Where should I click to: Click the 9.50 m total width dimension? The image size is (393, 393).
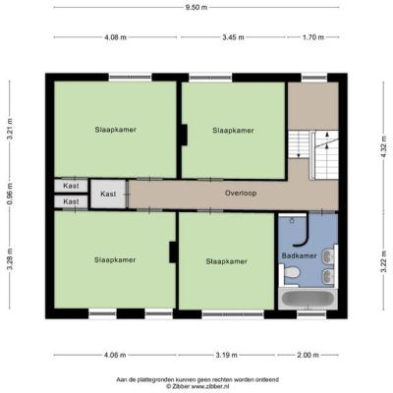point(196,7)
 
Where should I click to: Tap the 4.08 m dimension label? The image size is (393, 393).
point(115,37)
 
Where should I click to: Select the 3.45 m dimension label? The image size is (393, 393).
point(233,37)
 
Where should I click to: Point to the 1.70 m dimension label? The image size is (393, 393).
point(313,37)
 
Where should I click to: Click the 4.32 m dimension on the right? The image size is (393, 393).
point(384,146)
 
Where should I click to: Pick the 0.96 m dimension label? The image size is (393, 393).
point(10,194)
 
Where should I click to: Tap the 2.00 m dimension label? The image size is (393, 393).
point(308,355)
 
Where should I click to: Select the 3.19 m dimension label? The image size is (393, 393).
point(226,355)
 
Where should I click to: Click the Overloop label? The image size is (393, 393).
point(241,194)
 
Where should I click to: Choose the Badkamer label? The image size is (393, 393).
point(300,255)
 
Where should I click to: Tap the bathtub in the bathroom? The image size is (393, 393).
point(308,299)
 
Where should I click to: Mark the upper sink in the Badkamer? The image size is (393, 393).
point(328,256)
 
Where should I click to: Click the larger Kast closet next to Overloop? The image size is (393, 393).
point(108,194)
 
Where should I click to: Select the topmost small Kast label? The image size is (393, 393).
point(71,186)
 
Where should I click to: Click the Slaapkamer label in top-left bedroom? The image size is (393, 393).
point(116,130)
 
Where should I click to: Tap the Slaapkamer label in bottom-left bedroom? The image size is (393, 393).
point(115,259)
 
